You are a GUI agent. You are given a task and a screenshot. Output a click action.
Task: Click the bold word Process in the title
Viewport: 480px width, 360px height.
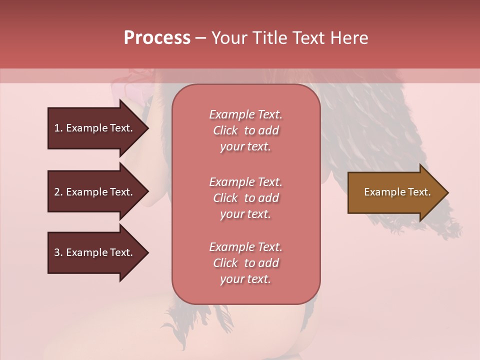click(157, 38)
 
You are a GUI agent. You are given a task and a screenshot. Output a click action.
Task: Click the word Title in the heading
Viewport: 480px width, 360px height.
click(270, 38)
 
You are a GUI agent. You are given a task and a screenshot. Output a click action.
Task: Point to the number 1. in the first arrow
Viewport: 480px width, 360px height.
click(58, 128)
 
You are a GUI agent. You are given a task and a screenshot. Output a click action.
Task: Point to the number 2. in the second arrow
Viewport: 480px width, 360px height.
click(58, 192)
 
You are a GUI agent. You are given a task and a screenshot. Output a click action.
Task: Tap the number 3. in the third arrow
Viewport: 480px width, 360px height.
click(58, 252)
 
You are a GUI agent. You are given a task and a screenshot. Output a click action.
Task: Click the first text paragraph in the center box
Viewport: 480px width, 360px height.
click(245, 130)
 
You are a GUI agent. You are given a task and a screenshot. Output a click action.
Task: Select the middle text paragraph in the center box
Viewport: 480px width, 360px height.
click(245, 198)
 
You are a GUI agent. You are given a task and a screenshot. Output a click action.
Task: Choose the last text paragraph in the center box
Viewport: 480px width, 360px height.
click(245, 263)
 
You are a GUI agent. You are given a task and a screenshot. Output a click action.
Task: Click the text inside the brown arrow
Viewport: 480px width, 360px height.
click(397, 192)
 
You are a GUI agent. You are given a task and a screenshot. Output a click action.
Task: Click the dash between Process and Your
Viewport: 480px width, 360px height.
click(200, 38)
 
